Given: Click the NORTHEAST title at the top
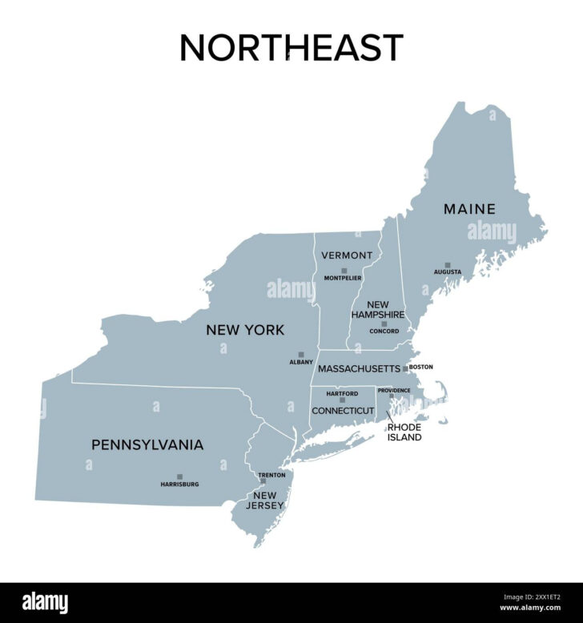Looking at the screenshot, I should pyautogui.click(x=291, y=47).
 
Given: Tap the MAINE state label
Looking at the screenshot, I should pyautogui.click(x=469, y=209).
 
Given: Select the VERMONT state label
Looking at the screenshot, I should pyautogui.click(x=347, y=255).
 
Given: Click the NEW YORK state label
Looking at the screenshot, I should pyautogui.click(x=245, y=329).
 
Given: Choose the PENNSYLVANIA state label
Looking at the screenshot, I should pyautogui.click(x=147, y=444).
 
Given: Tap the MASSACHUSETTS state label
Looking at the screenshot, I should pyautogui.click(x=359, y=369).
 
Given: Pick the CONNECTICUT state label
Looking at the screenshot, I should pyautogui.click(x=343, y=411).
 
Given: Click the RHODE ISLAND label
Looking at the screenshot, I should pyautogui.click(x=404, y=432).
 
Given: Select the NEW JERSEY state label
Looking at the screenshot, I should pyautogui.click(x=266, y=500).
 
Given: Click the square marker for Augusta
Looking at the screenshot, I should pyautogui.click(x=448, y=265).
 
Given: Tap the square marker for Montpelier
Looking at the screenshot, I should pyautogui.click(x=344, y=271).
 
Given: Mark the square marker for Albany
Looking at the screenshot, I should pyautogui.click(x=301, y=354).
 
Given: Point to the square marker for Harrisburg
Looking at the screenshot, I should pyautogui.click(x=179, y=476).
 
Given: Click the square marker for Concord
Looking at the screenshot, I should pyautogui.click(x=384, y=324).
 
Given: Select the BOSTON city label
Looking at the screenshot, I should pyautogui.click(x=420, y=367).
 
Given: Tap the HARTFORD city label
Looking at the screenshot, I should pyautogui.click(x=342, y=393).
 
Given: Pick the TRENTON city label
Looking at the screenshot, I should pyautogui.click(x=271, y=475).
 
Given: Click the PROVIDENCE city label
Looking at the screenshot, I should pyautogui.click(x=394, y=390).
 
